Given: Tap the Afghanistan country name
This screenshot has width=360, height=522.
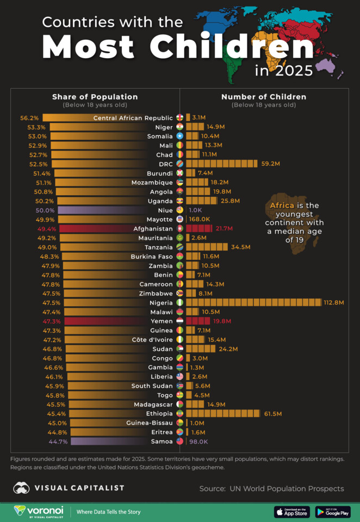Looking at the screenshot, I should pos(153,229).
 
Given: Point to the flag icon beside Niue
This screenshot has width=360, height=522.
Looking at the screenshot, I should pos(180,210).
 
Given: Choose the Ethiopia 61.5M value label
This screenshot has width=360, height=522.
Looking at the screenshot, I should pos(273,414).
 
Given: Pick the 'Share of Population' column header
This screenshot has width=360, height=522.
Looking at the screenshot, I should pos(95,97).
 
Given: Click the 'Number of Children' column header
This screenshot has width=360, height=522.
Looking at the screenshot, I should pos(264,97).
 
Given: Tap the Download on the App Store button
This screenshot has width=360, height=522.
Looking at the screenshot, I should pos(292,512).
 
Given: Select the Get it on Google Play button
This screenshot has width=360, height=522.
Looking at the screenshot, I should pos(333,512).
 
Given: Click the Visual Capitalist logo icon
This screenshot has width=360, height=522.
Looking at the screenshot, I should pos(22,488).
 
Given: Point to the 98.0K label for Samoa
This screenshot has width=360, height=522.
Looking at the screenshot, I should pos(198,442).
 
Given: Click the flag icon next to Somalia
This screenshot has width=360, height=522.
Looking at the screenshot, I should pos(180,136).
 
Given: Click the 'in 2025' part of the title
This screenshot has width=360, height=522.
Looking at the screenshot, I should pos(283,70).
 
